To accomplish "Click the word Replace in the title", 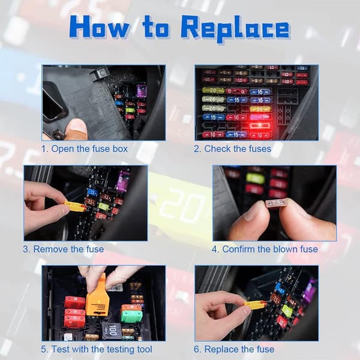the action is (236, 29).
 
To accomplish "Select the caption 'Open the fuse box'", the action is (89, 149).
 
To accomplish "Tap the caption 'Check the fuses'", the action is (238, 149).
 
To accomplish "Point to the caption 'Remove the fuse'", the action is (68, 249).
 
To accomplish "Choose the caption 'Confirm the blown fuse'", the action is (270, 249).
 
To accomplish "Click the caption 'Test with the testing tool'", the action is (101, 349).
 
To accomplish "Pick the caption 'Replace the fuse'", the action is (239, 349).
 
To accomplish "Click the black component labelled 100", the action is (112, 330).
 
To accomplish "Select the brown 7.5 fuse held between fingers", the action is (277, 203).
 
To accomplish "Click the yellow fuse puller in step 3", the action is (75, 206).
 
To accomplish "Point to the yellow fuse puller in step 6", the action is (256, 304).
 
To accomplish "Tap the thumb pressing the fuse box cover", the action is (76, 129).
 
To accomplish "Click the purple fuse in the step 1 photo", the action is (142, 91).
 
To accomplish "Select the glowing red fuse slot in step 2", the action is (260, 125).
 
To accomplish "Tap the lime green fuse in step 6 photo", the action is (287, 310).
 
